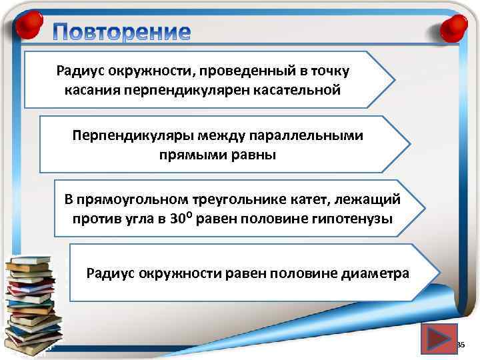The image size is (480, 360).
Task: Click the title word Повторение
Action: (x=123, y=32)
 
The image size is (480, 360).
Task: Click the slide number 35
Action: (x=460, y=345)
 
